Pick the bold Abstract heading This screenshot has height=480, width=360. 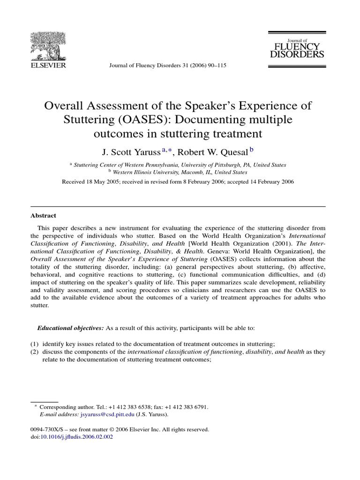[x=43, y=216]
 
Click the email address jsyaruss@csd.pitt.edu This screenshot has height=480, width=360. [x=107, y=414]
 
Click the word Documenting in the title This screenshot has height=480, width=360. [x=239, y=120]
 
